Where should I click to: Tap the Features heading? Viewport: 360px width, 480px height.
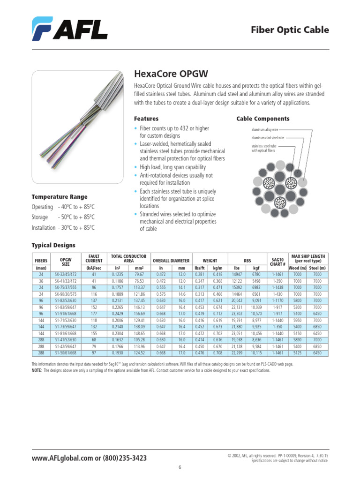pyautogui.click(x=146, y=119)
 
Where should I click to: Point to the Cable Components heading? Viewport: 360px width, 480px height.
pyautogui.click(x=262, y=119)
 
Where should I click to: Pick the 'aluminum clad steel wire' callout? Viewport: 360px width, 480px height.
pyautogui.click(x=268, y=138)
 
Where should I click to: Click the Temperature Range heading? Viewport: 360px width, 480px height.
pyautogui.click(x=59, y=196)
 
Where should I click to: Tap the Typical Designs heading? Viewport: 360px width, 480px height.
pyautogui.click(x=53, y=245)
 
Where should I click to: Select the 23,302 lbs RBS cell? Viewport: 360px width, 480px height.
pyautogui.click(x=238, y=314)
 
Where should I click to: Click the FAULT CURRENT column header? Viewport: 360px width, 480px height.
pyautogui.click(x=94, y=259)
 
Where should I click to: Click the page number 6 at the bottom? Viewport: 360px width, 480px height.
pyautogui.click(x=180, y=467)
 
